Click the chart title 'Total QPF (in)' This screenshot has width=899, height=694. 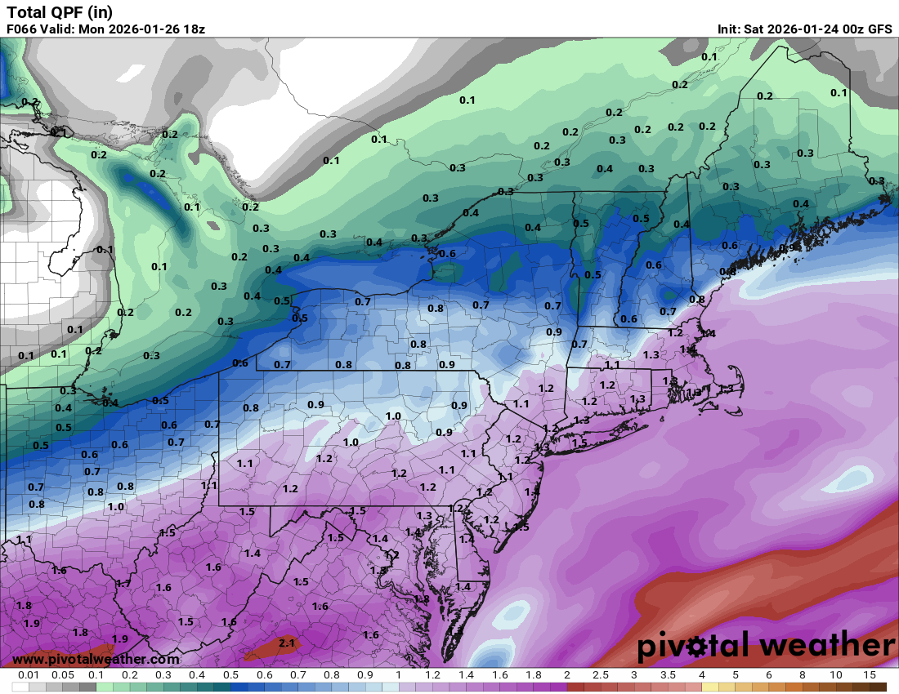click(x=60, y=12)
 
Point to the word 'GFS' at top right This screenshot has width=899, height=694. click(x=879, y=29)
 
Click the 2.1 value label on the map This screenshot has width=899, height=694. click(x=287, y=643)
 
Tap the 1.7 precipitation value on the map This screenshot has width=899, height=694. click(x=123, y=584)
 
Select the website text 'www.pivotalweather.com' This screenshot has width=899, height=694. click(x=96, y=659)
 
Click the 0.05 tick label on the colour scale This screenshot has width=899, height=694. click(x=63, y=675)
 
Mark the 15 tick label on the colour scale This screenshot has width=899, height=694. click(x=869, y=675)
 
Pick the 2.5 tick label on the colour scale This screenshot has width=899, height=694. click(x=600, y=675)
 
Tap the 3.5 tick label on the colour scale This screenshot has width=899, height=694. click(x=668, y=675)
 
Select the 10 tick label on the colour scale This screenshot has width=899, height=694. click(x=835, y=675)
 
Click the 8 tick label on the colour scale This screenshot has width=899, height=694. click(x=802, y=675)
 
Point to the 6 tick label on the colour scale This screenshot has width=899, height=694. click(x=768, y=675)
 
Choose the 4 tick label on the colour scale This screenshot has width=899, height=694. click(x=701, y=675)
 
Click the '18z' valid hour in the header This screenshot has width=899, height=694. click(x=193, y=29)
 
